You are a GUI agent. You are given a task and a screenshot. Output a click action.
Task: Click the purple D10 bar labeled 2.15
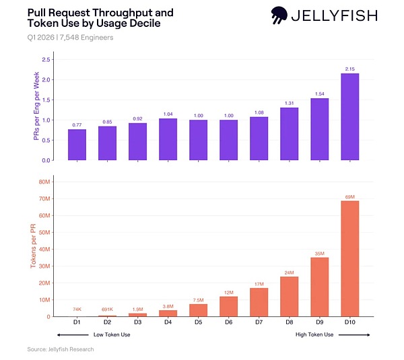click(x=350, y=117)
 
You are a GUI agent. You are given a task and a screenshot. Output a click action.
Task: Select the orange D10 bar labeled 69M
click(x=350, y=258)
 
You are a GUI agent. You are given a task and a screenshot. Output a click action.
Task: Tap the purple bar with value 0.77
click(x=77, y=145)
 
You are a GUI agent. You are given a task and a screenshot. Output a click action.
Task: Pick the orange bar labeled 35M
click(x=319, y=287)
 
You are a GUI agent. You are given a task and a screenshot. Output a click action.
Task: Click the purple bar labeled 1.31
click(x=290, y=134)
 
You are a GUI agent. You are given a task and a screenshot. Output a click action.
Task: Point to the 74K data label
click(x=77, y=309)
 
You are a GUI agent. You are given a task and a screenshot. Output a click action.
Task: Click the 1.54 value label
click(x=319, y=94)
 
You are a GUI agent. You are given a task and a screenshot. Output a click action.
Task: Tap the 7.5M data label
click(x=199, y=300)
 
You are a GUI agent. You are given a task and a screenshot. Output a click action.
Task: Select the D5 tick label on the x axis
click(x=199, y=322)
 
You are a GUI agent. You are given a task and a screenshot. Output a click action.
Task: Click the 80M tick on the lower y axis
click(x=44, y=182)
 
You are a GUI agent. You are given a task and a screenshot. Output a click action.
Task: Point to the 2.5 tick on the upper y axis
click(x=46, y=60)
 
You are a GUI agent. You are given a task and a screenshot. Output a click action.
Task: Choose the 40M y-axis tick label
click(x=44, y=249)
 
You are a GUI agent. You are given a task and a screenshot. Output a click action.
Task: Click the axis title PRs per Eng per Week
click(x=36, y=106)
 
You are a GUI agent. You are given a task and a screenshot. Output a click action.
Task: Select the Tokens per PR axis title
click(x=33, y=246)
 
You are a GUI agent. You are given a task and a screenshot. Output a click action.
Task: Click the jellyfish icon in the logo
click(x=279, y=15)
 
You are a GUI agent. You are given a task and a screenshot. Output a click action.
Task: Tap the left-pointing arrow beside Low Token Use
click(x=73, y=334)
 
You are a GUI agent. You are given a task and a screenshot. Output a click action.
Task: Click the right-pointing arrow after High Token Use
click(x=354, y=334)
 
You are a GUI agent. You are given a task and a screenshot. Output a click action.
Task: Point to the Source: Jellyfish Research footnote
click(x=61, y=349)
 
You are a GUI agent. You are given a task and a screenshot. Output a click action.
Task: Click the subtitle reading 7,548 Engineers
click(x=87, y=38)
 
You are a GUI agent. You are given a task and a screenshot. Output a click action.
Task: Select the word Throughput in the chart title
click(x=133, y=13)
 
